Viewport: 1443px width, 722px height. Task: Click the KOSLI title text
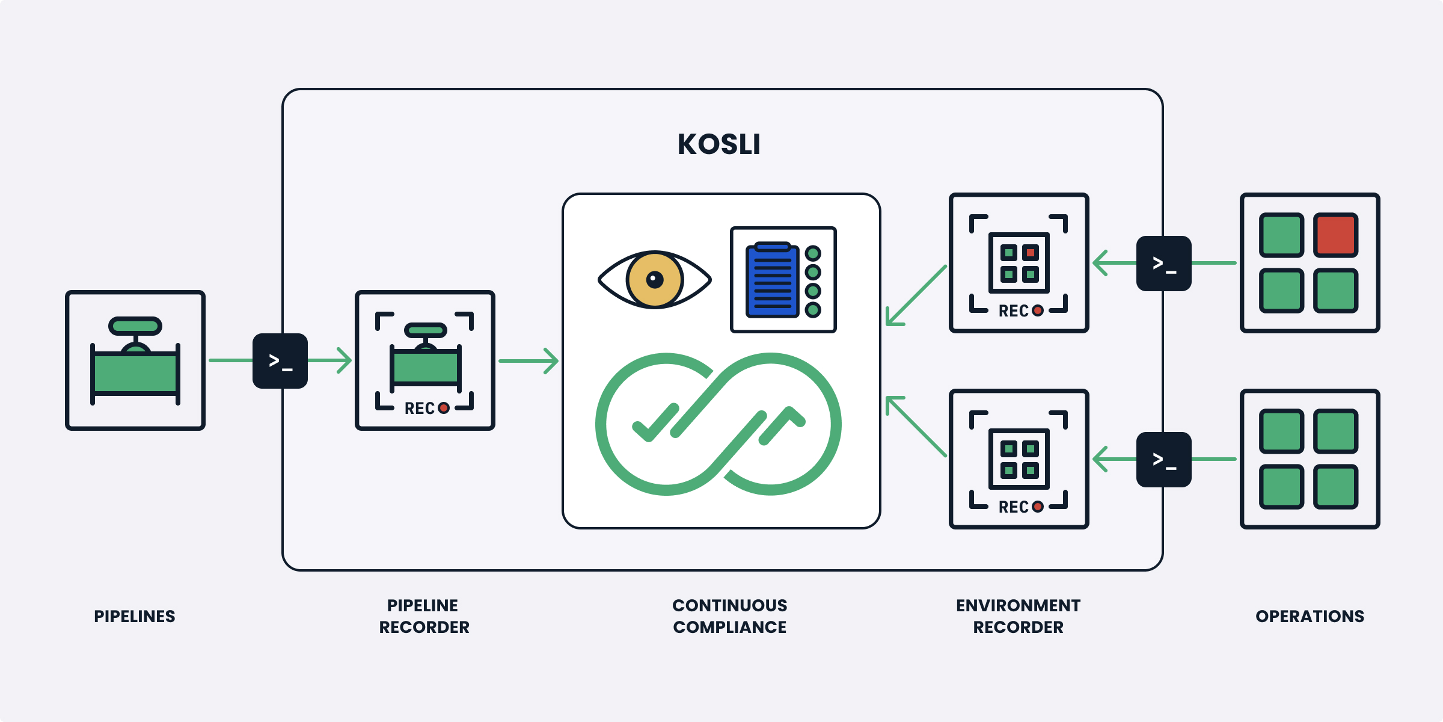click(x=718, y=144)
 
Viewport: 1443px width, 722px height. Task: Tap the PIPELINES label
click(x=135, y=616)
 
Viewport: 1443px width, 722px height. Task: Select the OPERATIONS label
click(x=1310, y=616)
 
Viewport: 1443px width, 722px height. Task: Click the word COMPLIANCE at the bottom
click(x=729, y=627)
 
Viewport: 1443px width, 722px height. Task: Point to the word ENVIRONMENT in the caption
click(x=1018, y=605)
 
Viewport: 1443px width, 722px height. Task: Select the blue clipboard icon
click(x=772, y=280)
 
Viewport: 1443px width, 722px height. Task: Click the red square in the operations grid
click(x=1335, y=235)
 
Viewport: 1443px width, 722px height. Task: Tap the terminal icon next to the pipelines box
click(x=280, y=361)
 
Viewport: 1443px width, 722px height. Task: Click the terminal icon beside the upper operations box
click(x=1163, y=264)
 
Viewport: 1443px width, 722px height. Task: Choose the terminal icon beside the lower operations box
click(x=1163, y=460)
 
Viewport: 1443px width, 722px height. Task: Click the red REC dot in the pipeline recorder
click(x=444, y=408)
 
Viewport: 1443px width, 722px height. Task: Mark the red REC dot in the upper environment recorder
click(x=1038, y=310)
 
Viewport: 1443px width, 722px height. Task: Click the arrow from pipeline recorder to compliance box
click(x=529, y=361)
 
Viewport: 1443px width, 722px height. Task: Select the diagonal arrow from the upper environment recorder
click(x=916, y=296)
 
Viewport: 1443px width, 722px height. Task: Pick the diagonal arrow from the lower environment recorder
click(x=916, y=426)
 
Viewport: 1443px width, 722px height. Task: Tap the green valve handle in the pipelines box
click(x=135, y=326)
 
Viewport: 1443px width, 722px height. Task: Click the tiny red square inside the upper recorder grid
click(x=1030, y=253)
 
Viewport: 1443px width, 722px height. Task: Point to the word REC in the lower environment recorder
click(x=1014, y=507)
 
